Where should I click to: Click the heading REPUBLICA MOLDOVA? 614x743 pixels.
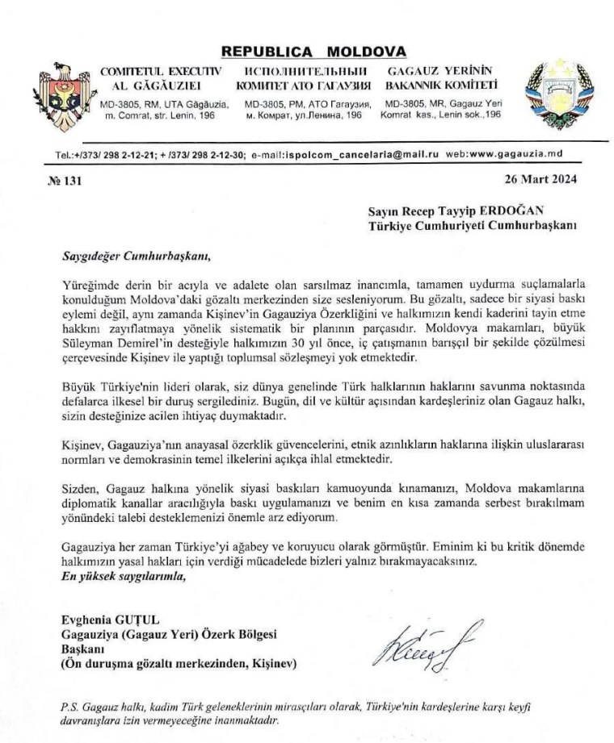314,52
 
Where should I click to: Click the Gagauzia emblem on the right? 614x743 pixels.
558,90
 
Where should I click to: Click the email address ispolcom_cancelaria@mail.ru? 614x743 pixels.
347,153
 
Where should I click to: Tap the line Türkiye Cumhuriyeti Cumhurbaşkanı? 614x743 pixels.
466,226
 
